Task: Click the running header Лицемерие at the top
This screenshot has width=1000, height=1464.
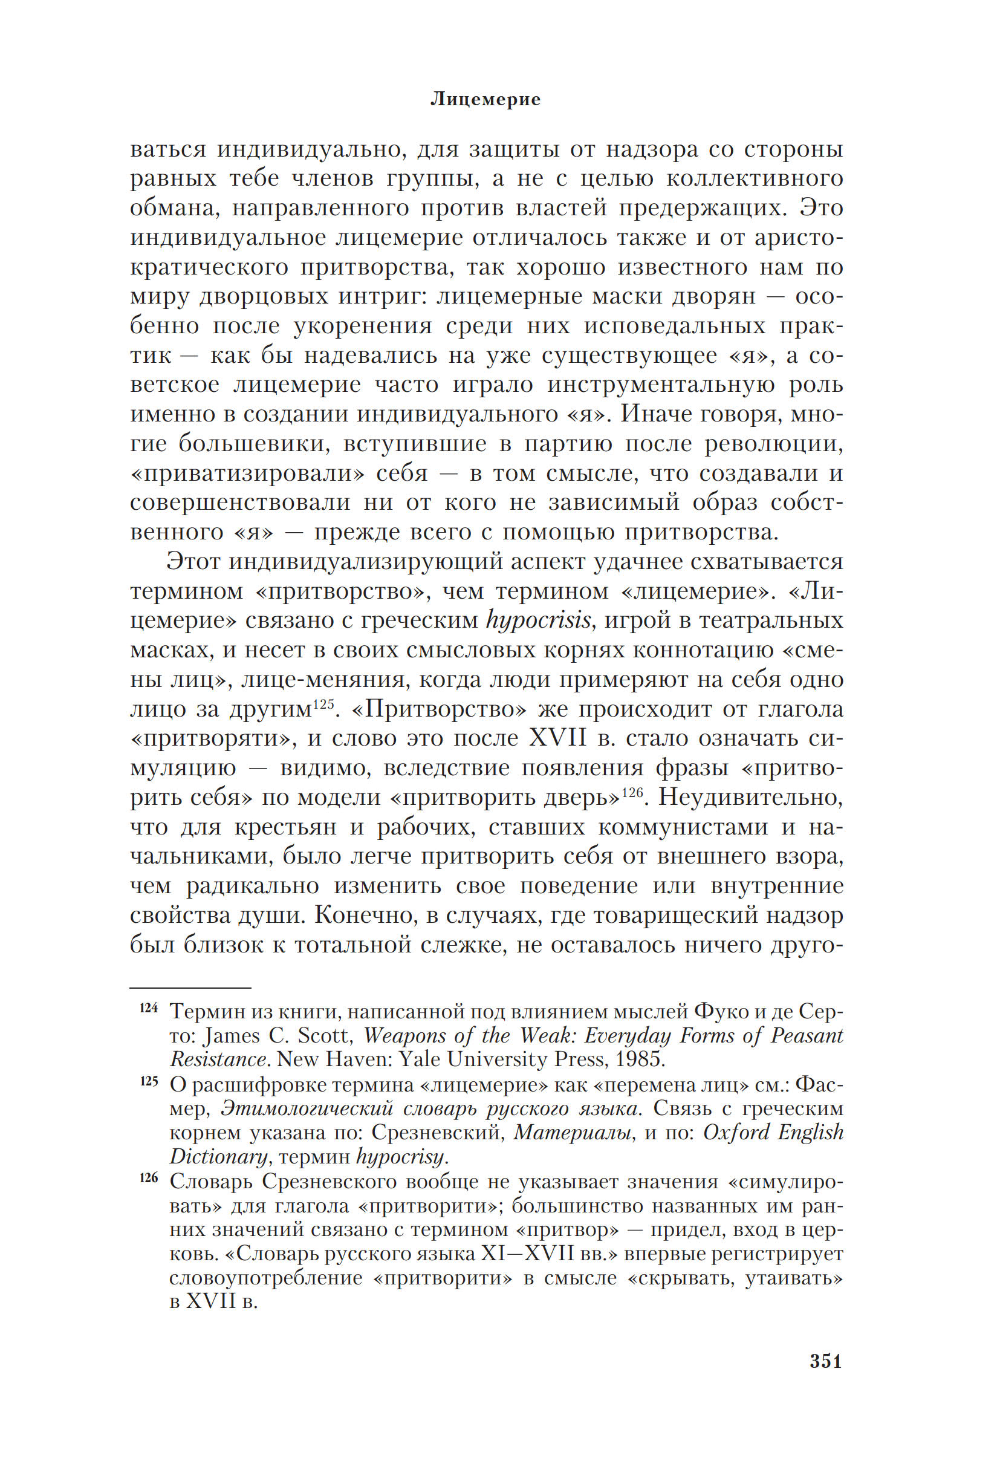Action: coord(485,99)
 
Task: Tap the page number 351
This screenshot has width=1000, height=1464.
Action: coord(825,1361)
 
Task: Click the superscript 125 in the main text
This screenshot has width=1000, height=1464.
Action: coord(322,703)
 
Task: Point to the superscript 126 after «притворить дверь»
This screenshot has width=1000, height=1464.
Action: coord(632,791)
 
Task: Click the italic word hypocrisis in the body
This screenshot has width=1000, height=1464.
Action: coord(539,620)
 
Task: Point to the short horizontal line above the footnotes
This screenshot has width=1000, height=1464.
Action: coord(190,987)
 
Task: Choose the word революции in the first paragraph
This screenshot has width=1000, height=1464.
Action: coord(774,443)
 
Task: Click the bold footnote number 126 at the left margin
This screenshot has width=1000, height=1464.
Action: coord(149,1178)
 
